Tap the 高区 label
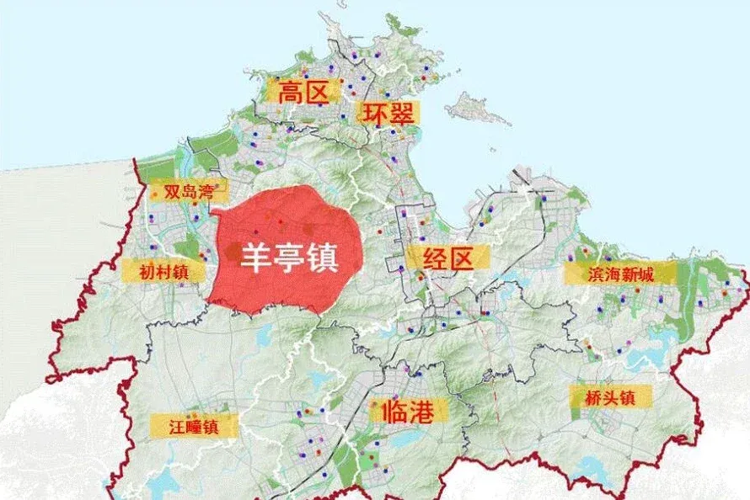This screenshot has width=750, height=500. [x=303, y=92]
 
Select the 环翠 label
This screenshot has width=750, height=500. [x=389, y=114]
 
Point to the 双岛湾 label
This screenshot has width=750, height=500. [x=181, y=192]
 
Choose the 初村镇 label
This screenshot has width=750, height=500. [x=163, y=271]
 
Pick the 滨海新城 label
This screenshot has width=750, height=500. [x=620, y=273]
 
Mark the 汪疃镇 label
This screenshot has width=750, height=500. [x=193, y=426]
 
